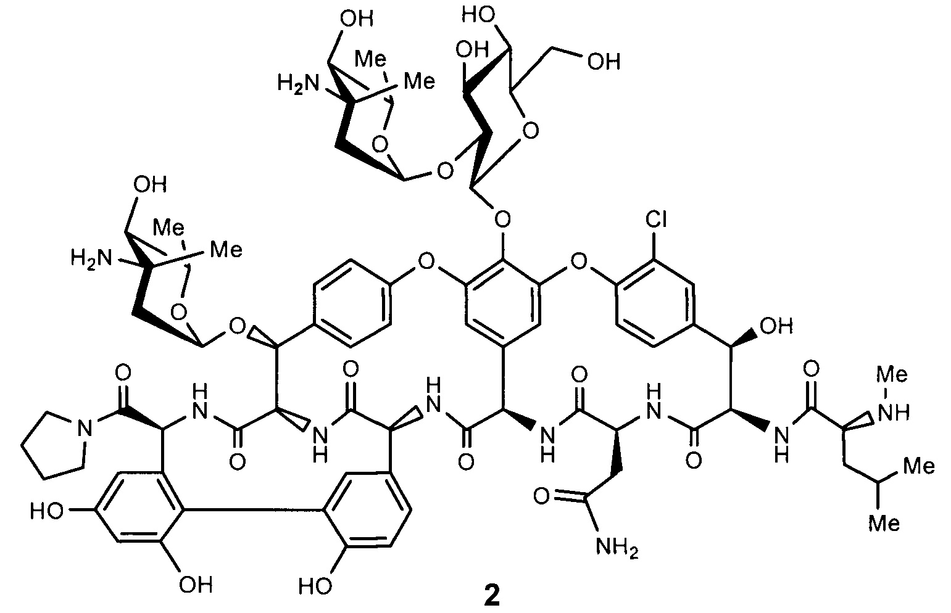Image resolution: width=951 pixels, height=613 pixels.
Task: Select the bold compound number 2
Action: point(492,596)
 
